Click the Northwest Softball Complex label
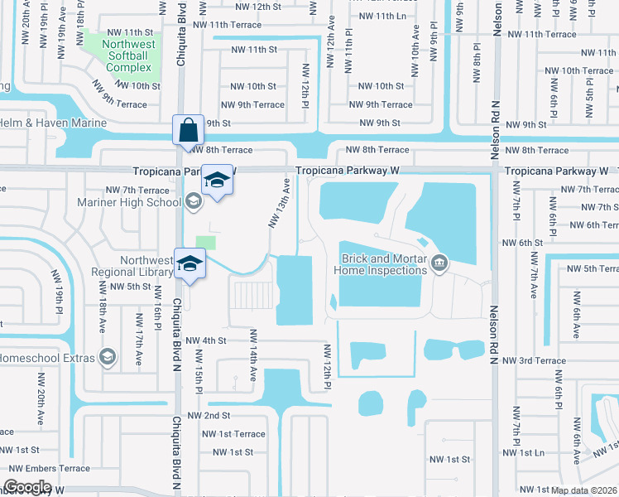127,55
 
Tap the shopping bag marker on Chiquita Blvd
185,130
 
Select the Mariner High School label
129,202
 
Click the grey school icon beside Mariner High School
192,199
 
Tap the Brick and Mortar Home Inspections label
380,264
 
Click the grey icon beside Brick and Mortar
439,264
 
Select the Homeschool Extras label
46,358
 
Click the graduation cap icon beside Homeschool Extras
107,357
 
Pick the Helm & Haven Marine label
54,123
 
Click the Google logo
27,487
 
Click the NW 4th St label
206,340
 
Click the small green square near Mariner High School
206,243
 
